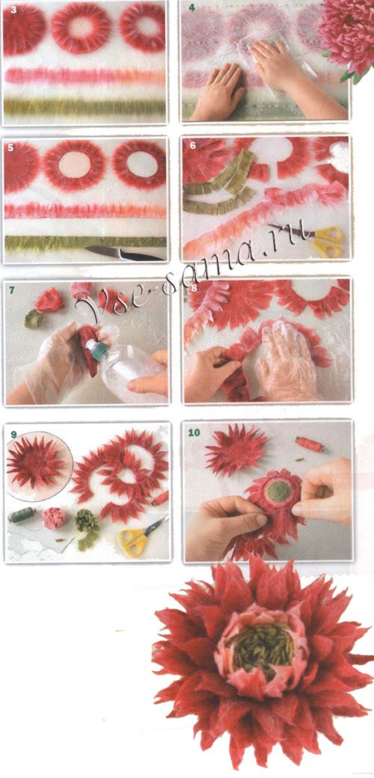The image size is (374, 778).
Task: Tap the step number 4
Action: pos(191,8)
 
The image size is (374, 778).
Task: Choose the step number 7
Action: pos(11,290)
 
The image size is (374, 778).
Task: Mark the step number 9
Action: pos(13,435)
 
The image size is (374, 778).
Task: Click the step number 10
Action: pos(194,432)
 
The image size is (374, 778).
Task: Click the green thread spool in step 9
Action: pos(23,514)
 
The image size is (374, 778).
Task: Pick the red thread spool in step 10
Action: pos(310,444)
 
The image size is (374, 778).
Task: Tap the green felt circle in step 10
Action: pos(280,491)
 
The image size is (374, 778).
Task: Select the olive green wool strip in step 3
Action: pos(85,107)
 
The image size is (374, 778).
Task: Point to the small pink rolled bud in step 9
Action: pos(54,518)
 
